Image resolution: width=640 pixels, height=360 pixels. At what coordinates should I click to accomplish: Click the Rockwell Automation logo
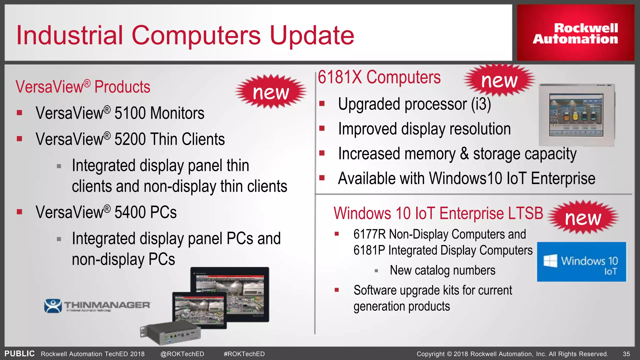[x=575, y=33]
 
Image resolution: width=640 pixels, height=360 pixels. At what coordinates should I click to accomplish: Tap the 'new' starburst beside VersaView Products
[x=271, y=92]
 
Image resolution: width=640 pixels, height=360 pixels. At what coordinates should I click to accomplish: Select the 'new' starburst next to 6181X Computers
[x=499, y=80]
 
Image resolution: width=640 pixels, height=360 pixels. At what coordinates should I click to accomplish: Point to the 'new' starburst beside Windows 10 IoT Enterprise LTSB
[x=583, y=217]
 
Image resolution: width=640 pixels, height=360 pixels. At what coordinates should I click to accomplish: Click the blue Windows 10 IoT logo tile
[x=582, y=262]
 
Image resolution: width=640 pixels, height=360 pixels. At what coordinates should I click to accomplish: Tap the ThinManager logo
[x=97, y=306]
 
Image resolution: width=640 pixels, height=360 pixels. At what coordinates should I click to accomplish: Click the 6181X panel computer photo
[x=577, y=115]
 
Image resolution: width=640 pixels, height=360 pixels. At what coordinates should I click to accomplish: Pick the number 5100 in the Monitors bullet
[x=130, y=113]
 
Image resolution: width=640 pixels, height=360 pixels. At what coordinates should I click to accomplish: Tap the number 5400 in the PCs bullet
[x=130, y=212]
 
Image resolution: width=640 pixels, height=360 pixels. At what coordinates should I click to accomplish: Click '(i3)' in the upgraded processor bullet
[x=481, y=104]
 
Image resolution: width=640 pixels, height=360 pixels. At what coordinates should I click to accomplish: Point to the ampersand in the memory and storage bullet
[x=464, y=154]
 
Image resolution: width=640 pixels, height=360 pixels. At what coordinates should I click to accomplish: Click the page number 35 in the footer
[x=626, y=354]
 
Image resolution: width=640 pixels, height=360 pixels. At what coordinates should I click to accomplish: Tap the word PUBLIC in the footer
[x=19, y=354]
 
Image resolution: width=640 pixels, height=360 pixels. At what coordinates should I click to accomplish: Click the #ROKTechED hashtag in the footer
[x=244, y=354]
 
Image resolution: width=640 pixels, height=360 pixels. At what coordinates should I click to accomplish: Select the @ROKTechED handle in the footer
[x=182, y=354]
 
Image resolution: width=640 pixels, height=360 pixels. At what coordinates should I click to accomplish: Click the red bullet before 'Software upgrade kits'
[x=337, y=290]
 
